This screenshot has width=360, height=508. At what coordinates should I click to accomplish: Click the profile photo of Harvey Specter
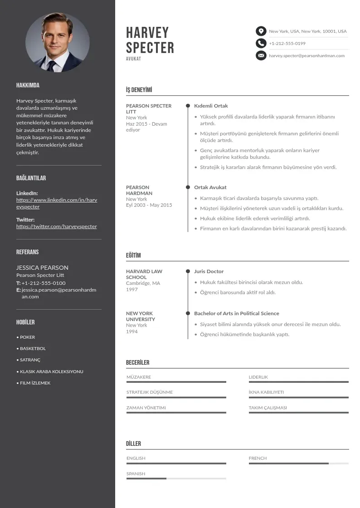click(58, 43)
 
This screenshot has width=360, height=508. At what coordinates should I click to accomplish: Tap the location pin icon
click(261, 31)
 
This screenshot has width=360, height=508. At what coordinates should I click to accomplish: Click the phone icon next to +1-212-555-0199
click(261, 44)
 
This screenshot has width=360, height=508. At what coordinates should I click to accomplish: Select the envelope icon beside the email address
click(261, 56)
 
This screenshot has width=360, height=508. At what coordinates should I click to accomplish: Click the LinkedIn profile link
click(57, 203)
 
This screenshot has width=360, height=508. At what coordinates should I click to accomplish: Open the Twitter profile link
click(57, 226)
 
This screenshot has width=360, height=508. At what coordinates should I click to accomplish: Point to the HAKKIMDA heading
click(28, 85)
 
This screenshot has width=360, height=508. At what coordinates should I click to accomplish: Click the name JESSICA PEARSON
click(42, 268)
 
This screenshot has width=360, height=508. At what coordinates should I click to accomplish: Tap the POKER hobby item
click(27, 337)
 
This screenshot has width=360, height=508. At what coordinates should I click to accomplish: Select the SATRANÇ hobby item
click(30, 360)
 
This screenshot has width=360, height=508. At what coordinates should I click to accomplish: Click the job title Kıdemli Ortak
click(211, 106)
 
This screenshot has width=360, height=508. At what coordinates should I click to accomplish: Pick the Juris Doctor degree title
click(209, 271)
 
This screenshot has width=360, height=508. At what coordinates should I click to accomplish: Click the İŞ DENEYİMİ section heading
click(139, 90)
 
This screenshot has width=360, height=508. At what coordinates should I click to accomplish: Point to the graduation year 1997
click(132, 289)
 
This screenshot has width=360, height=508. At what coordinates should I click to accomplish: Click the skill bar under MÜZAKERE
click(176, 382)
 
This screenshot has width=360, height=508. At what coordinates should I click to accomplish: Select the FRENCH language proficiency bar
click(298, 464)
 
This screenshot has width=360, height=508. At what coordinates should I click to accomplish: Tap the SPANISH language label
click(136, 474)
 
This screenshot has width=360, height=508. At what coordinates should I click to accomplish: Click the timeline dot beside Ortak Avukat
click(188, 187)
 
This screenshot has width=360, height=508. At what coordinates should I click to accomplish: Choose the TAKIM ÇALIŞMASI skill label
click(268, 408)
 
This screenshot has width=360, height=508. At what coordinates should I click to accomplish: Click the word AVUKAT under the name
click(134, 59)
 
